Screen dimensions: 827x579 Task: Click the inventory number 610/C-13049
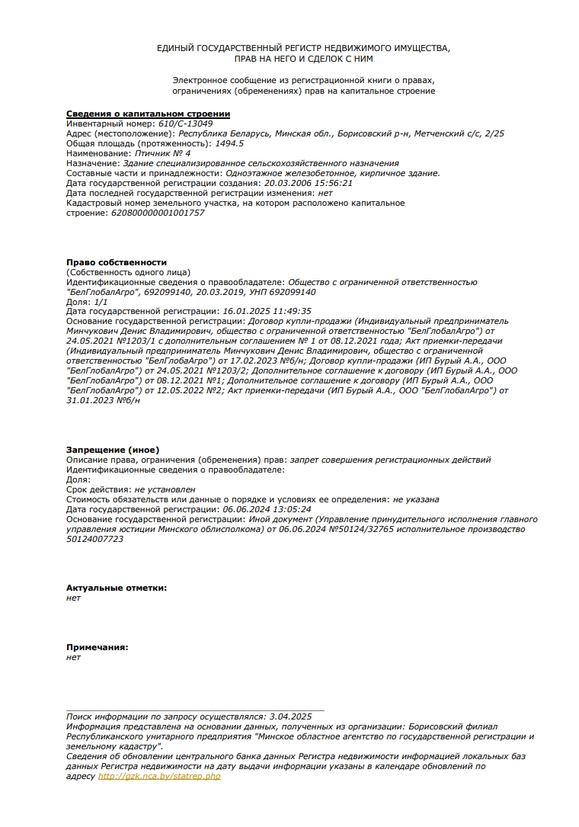tap(185, 123)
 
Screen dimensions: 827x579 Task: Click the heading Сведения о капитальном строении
tap(148, 114)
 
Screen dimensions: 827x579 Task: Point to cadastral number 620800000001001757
tap(158, 213)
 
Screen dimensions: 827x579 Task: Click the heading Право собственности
tap(116, 262)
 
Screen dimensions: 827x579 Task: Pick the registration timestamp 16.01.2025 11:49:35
tap(267, 312)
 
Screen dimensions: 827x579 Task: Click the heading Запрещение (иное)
tap(113, 450)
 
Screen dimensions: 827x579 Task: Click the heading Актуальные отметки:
tap(117, 588)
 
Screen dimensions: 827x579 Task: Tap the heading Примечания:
tap(97, 647)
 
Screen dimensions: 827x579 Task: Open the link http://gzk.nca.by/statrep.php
tap(159, 776)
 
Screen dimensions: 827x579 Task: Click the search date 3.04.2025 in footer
tap(291, 716)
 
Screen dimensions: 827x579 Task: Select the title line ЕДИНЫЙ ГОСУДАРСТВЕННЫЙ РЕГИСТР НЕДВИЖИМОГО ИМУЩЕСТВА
tap(303, 48)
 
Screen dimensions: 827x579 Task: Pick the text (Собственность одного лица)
tap(128, 272)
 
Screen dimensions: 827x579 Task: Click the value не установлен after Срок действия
tap(165, 489)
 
